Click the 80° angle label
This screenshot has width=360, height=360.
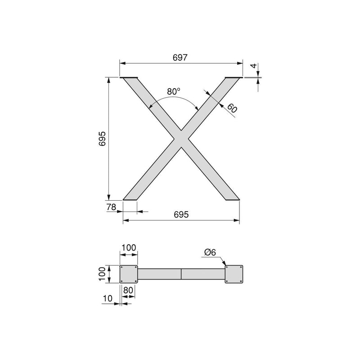click(x=173, y=91)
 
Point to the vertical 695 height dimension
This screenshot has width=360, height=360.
click(x=102, y=139)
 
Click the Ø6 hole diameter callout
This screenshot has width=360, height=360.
click(x=210, y=253)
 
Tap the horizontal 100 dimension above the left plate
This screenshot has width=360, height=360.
click(x=129, y=248)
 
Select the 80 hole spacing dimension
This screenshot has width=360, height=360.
click(x=129, y=290)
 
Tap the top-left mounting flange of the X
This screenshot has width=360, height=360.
click(x=130, y=78)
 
